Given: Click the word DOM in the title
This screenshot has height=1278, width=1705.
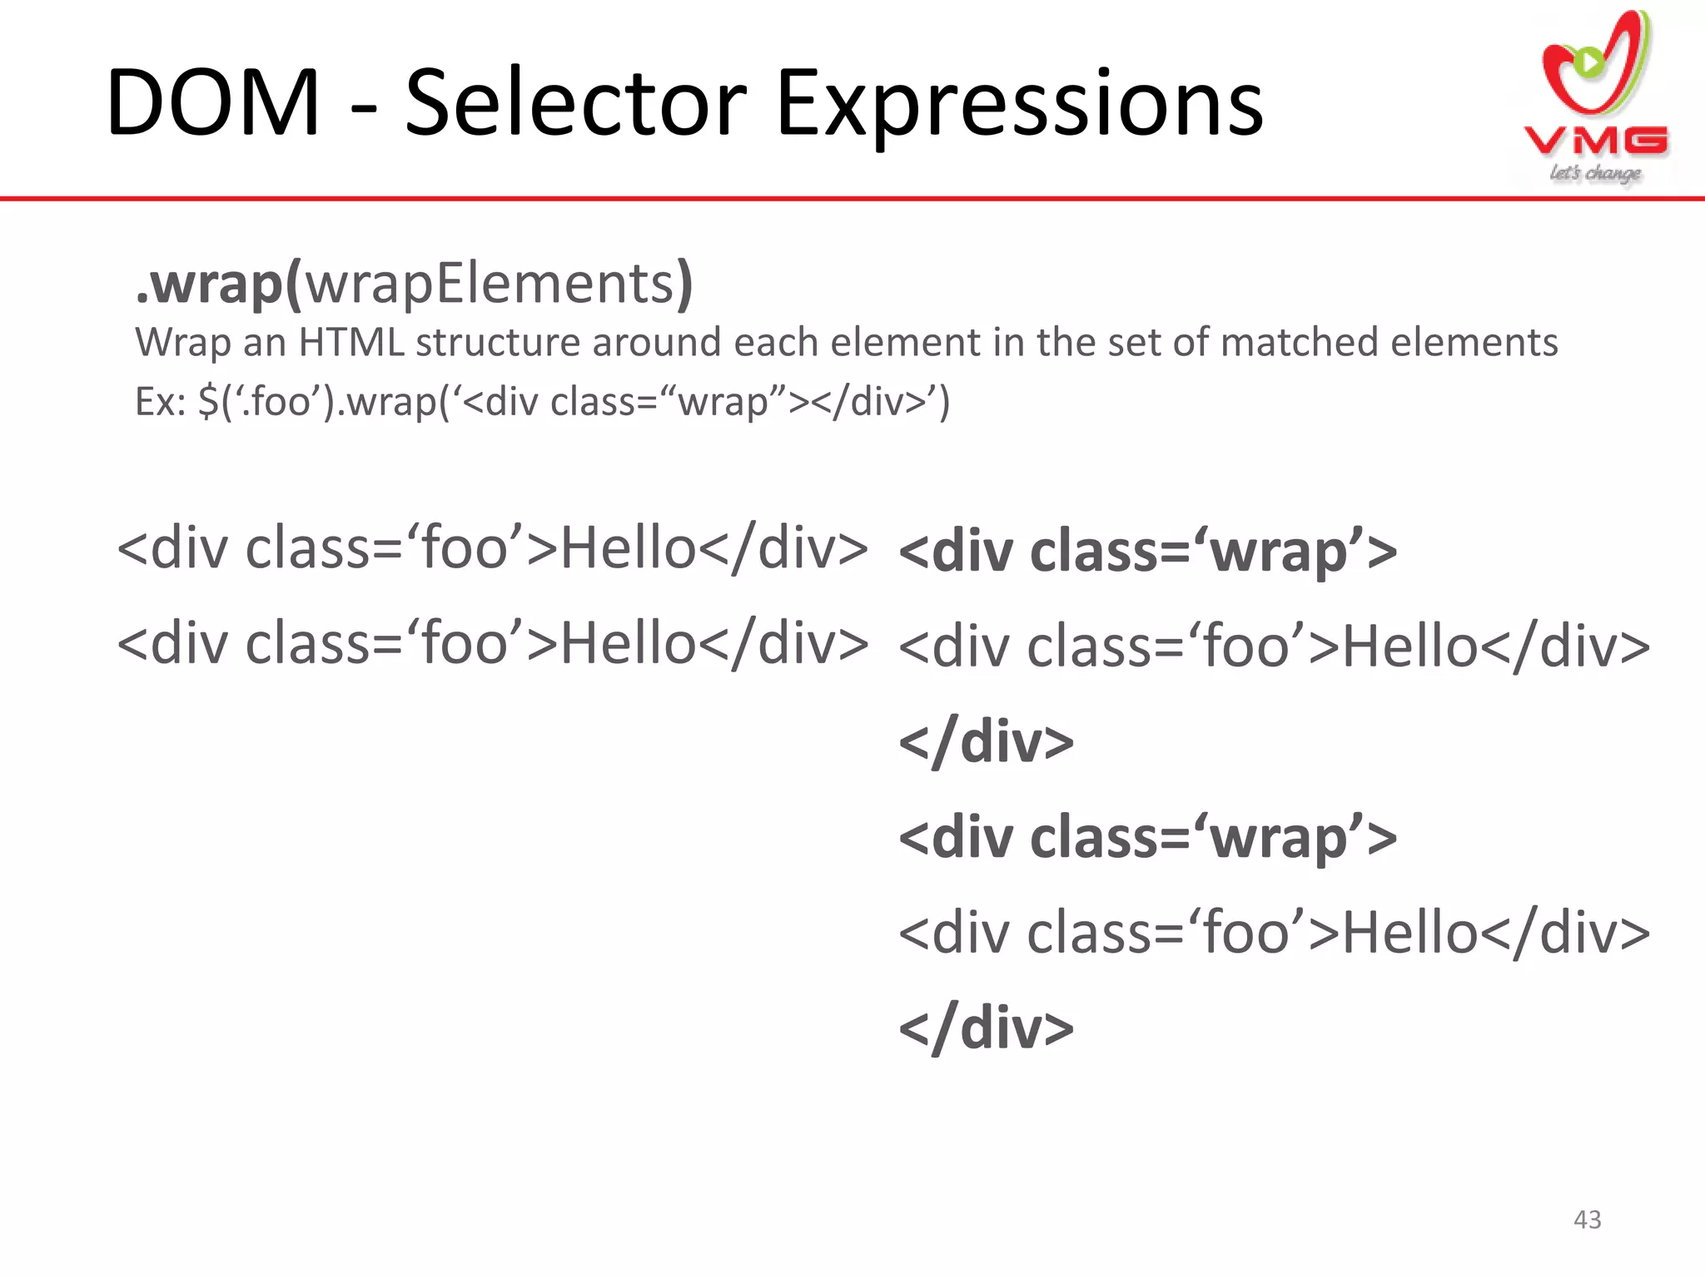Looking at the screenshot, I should point(213,103).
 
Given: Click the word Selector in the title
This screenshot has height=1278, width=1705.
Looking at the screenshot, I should point(574,103).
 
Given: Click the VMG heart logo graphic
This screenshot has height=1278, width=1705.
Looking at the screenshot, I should point(1595,67).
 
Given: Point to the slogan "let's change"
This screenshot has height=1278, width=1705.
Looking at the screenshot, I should point(1595,173).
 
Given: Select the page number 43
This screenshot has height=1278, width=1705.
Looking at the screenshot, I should point(1587,1220).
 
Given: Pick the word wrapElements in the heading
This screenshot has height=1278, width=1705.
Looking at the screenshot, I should point(490,285).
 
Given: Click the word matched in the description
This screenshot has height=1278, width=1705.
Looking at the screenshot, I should point(1298,343).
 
